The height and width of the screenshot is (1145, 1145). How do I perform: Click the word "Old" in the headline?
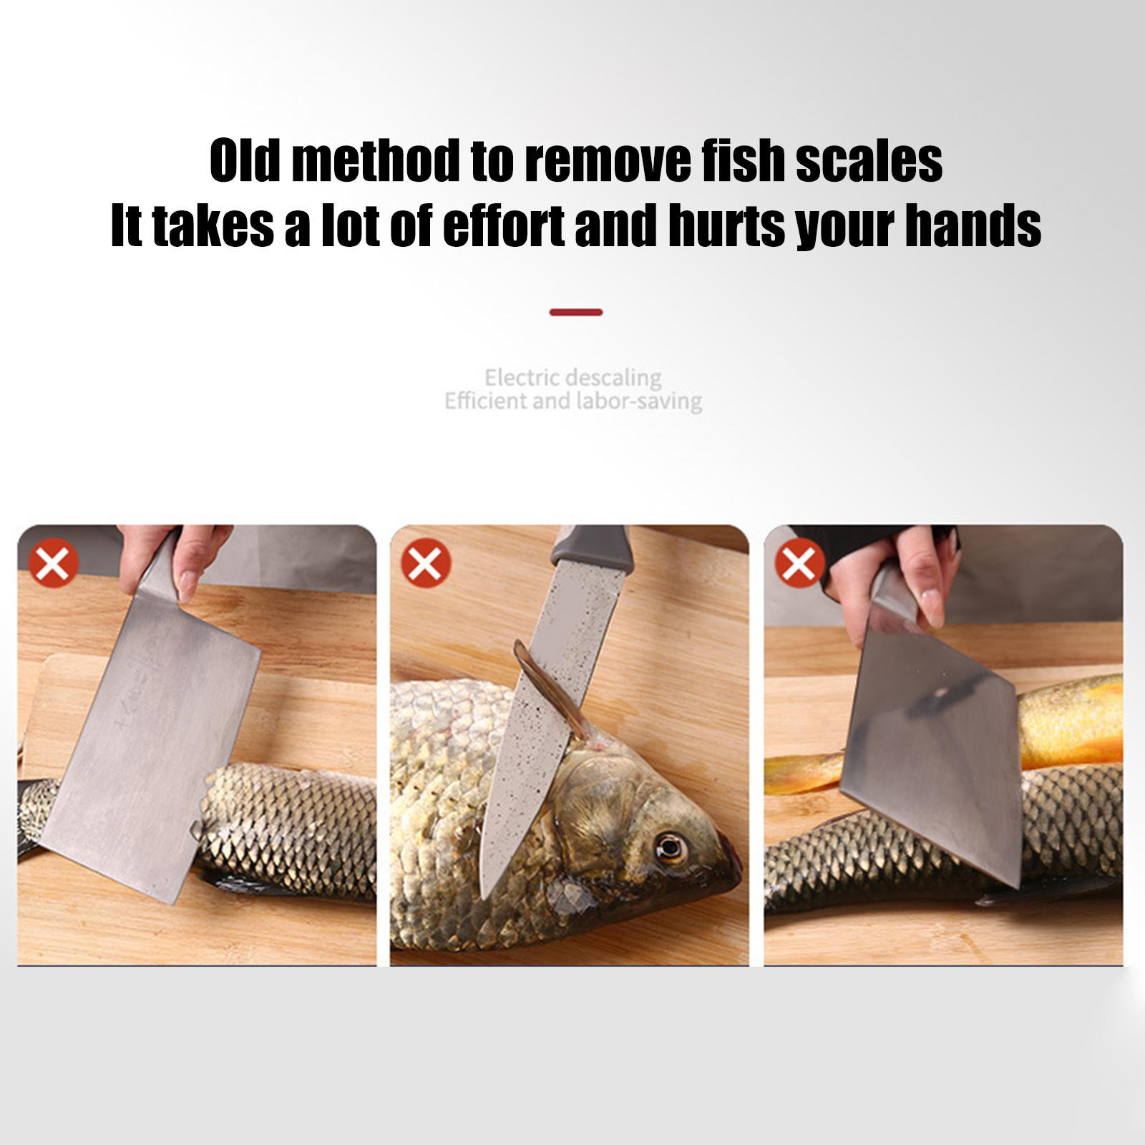click(245, 160)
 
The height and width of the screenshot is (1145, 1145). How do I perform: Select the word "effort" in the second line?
click(505, 225)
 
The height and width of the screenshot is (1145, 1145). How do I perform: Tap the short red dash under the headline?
click(576, 312)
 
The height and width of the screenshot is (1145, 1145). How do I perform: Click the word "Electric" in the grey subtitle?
click(522, 377)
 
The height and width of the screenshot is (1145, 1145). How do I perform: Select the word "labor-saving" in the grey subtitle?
click(639, 401)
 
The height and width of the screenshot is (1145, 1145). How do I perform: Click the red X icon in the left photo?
click(53, 563)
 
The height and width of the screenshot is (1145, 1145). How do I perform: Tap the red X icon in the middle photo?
click(426, 563)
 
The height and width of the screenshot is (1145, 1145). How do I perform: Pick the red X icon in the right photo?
click(799, 563)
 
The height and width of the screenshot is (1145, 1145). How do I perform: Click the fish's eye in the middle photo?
click(671, 849)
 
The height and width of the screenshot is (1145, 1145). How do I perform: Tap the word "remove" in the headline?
click(608, 160)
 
